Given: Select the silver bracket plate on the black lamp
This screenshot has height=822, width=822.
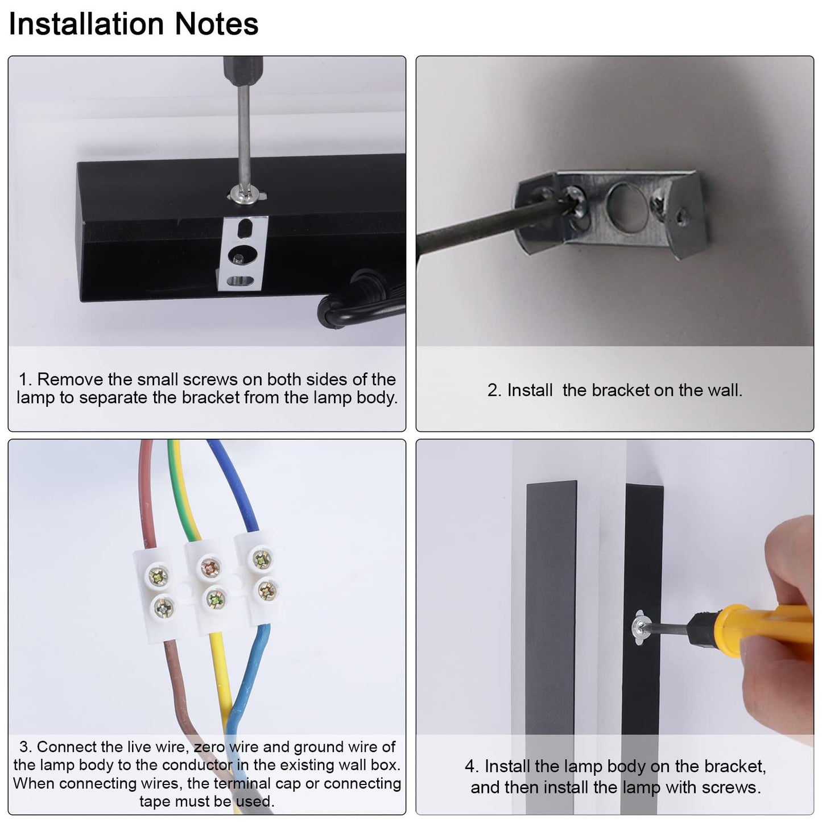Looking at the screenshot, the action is click(242, 253).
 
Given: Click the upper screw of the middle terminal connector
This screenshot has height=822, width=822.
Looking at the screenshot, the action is click(210, 567).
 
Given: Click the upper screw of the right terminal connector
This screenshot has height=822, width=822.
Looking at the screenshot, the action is click(262, 559).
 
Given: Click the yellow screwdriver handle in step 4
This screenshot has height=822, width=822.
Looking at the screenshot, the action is click(763, 630).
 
